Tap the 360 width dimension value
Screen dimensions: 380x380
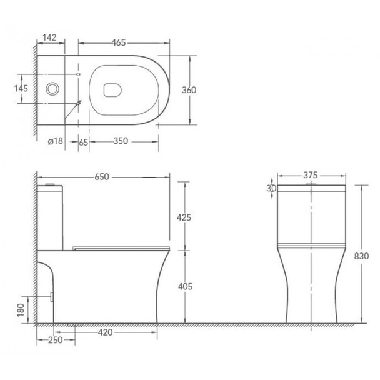point(189,90)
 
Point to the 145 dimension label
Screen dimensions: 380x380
point(21,88)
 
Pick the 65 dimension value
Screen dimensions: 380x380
point(83,141)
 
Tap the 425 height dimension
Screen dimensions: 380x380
point(184,218)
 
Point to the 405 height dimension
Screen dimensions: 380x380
point(184,287)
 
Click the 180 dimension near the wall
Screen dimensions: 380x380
point(21,309)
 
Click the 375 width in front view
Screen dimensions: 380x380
point(311,176)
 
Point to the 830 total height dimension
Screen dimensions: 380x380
point(362,256)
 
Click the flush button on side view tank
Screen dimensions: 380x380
point(52,185)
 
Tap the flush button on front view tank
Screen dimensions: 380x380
point(311,185)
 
